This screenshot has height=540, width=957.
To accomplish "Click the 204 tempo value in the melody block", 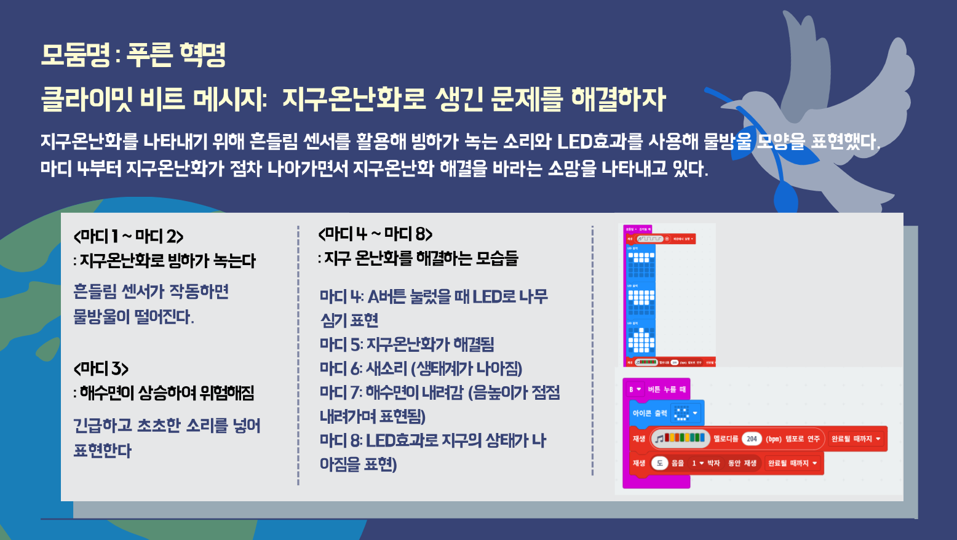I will click(x=752, y=439).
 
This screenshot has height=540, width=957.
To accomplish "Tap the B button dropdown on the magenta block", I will click(x=635, y=389).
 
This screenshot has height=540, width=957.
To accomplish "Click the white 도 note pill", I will click(x=659, y=463).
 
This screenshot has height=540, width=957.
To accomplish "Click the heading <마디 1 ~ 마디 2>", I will click(x=129, y=236).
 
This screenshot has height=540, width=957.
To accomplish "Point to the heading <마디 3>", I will click(x=101, y=368).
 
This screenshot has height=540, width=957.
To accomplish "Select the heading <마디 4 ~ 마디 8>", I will click(x=375, y=234).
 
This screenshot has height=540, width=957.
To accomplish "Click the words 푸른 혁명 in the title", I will click(x=177, y=55).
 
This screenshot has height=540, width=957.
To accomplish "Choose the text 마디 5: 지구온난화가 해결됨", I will click(x=407, y=344).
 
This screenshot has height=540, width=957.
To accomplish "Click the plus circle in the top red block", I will click(x=667, y=239).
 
